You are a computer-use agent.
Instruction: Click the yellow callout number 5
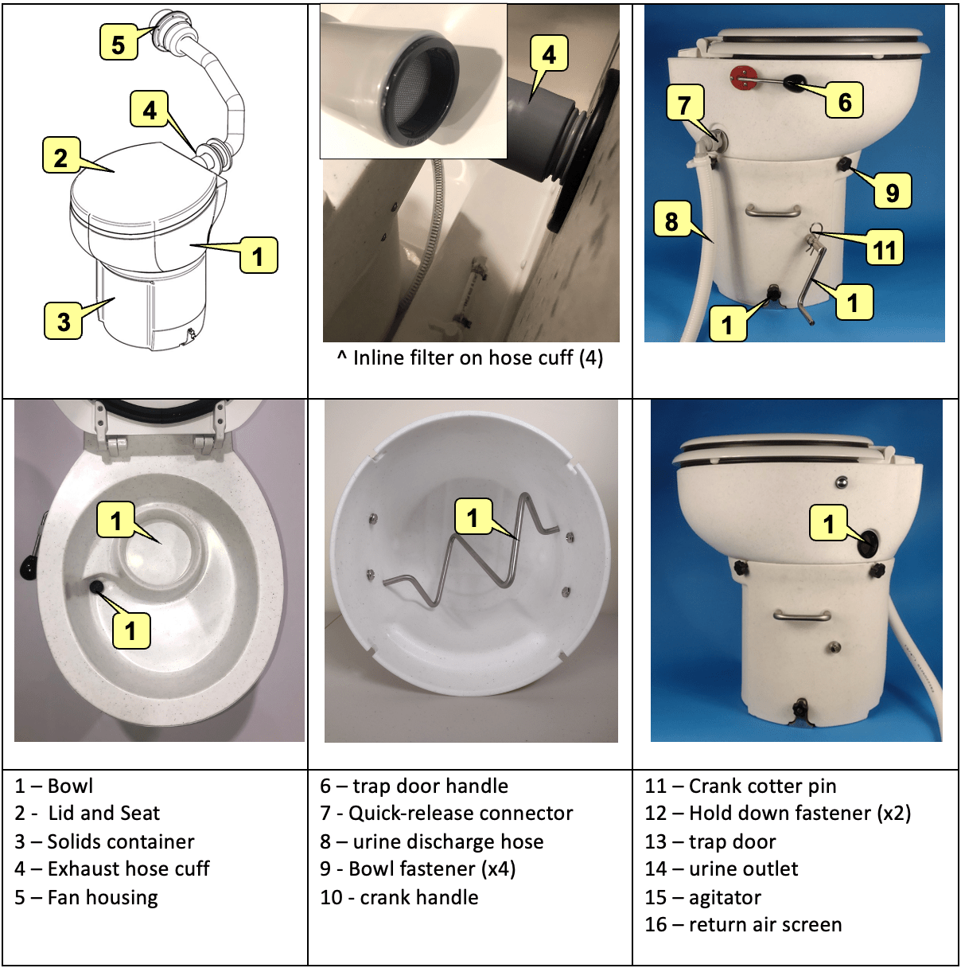(118, 43)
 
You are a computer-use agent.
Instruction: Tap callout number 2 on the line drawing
(60, 156)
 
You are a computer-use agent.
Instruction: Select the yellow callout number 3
(63, 321)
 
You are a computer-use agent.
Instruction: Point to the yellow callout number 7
(684, 103)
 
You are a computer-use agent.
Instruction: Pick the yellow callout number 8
(671, 221)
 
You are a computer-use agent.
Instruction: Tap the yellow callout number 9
(892, 191)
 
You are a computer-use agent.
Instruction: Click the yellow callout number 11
(885, 248)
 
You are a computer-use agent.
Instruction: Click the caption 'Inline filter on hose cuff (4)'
(470, 358)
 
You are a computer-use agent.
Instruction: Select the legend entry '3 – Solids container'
(104, 841)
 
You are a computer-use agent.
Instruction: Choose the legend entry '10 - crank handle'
(399, 897)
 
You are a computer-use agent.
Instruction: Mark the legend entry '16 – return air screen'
(743, 924)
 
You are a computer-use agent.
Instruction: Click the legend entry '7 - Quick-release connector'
(446, 813)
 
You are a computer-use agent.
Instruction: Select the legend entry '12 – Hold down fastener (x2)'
(777, 813)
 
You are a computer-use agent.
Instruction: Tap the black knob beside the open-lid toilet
(27, 568)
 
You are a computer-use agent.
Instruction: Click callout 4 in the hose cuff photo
(549, 54)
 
